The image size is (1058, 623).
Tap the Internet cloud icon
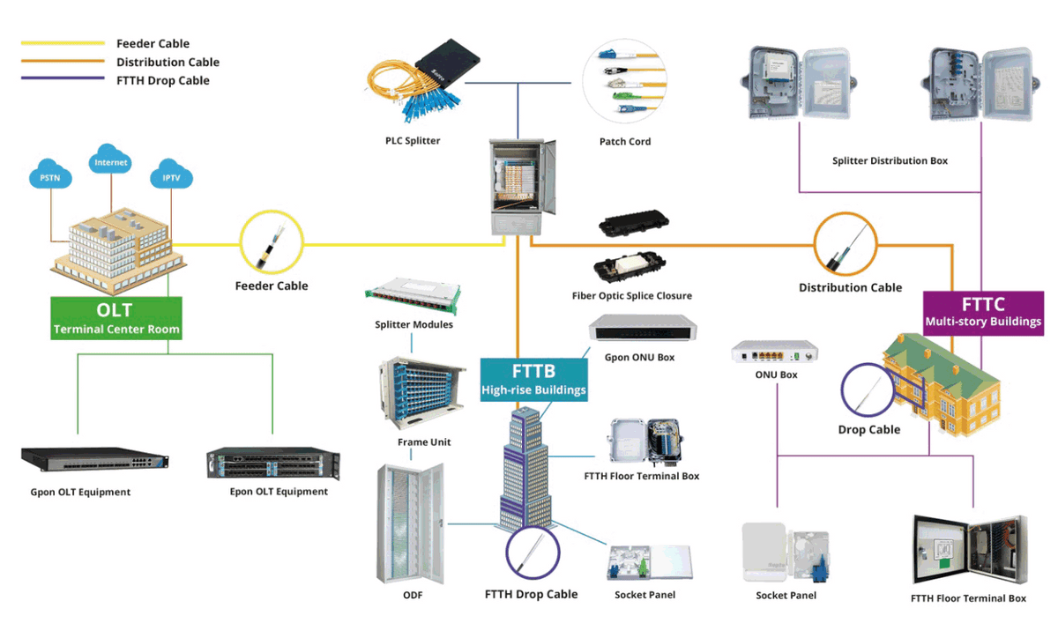[x=111, y=161]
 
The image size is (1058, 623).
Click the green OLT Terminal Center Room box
[x=116, y=319]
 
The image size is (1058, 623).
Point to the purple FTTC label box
[x=983, y=312]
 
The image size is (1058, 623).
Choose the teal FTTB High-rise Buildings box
[x=533, y=379]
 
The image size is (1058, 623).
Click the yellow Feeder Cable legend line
[x=63, y=43]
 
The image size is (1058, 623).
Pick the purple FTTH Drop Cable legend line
[x=63, y=80]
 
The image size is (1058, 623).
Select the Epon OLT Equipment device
[x=273, y=464]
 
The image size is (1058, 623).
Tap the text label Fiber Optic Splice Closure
[x=632, y=296]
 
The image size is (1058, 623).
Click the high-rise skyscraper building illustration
[x=525, y=467]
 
